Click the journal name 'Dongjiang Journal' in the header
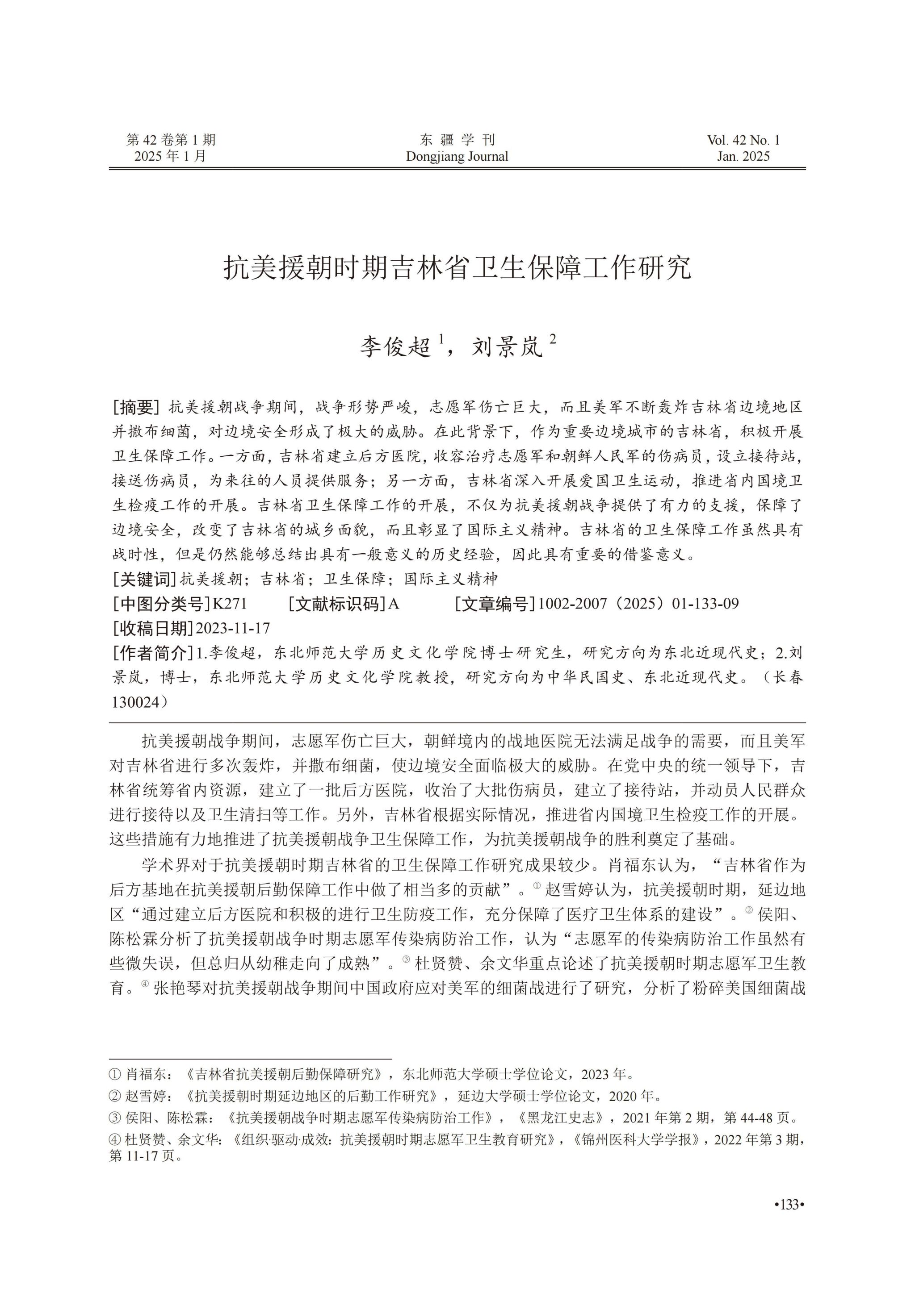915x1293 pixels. click(x=457, y=157)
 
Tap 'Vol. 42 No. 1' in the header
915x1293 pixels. click(x=743, y=140)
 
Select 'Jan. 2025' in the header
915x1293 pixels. click(x=743, y=157)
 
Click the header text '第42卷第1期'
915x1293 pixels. click(x=171, y=140)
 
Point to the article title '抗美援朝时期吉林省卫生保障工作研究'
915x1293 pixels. click(x=457, y=268)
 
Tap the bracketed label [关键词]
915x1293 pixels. click(x=145, y=579)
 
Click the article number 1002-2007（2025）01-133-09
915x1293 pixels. click(x=638, y=604)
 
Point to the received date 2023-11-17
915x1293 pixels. click(x=232, y=628)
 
